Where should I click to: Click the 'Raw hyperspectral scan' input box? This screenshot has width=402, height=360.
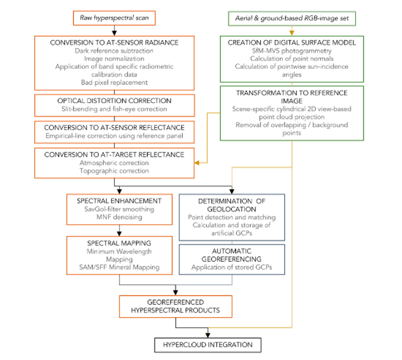coord(114,18)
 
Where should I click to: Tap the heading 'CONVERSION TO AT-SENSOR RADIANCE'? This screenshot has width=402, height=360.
coord(114,43)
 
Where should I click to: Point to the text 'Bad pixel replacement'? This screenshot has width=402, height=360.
coord(114,82)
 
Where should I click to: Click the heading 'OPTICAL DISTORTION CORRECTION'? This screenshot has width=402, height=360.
coord(114,101)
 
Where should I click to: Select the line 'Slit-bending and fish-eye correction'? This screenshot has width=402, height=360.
coord(114,109)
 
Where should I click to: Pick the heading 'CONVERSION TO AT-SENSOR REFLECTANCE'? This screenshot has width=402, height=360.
coord(114,128)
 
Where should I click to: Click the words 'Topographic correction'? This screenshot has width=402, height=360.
coord(114,171)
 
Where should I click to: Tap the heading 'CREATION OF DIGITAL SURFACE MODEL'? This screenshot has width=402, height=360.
coord(292,43)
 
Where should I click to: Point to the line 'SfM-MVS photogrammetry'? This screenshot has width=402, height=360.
coord(292,51)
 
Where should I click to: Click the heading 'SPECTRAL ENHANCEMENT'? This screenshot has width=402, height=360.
coord(119,201)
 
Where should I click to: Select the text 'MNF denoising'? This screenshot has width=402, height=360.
coord(119,217)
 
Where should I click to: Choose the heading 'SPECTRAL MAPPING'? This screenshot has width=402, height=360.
coord(119,243)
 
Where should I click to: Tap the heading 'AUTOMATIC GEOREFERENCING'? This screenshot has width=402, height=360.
coord(232,255)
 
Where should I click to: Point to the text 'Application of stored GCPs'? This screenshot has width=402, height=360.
coord(232,268)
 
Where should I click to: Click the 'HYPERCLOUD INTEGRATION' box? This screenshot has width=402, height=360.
coord(207,345)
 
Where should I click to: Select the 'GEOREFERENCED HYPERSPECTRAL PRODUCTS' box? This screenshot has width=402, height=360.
coord(176,306)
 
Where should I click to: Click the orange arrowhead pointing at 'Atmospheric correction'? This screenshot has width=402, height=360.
coord(197,163)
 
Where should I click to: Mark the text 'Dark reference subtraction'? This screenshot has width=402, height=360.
coord(114,50)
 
